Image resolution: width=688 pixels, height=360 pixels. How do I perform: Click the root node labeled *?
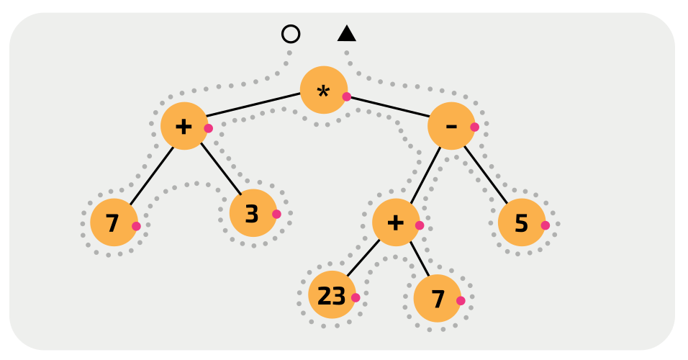pos(323,90)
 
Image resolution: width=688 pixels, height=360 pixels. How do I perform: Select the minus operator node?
pos(451,126)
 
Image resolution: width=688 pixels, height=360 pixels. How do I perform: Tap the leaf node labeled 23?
pos(332,294)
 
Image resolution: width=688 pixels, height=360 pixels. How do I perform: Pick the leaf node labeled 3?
pos(253,213)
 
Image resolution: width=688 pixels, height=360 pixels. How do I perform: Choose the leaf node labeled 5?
pos(521,222)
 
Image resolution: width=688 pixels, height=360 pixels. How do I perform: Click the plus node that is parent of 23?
pos(396,222)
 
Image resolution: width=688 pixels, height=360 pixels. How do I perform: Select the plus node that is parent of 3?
pos(184,126)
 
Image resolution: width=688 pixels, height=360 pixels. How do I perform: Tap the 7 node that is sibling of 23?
pos(437,298)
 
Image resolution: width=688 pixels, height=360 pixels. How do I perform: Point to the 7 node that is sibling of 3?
pos(114,222)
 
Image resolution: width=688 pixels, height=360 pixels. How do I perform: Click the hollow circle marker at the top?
pos(291,34)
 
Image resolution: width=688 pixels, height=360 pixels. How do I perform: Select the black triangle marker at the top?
pos(347,34)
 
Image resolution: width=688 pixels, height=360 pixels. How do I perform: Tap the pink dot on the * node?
pos(346,96)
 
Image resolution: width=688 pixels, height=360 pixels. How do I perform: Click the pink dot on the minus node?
pos(474,127)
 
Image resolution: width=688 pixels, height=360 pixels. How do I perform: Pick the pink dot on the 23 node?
pos(355,297)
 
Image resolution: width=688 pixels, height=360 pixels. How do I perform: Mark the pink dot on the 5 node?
pos(545,225)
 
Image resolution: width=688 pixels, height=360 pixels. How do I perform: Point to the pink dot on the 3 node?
pos(276,214)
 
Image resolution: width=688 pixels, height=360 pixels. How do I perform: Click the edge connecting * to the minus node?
pos(389,106)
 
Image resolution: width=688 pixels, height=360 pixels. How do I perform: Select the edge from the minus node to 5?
pos(486,174)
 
